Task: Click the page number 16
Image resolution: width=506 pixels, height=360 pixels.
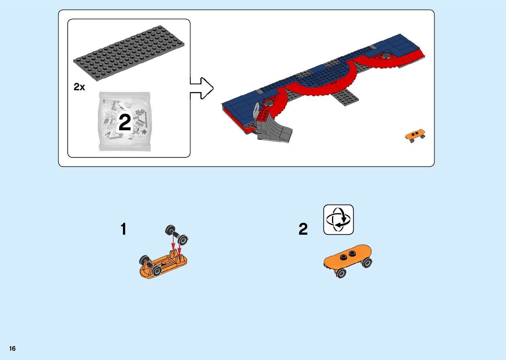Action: (13, 348)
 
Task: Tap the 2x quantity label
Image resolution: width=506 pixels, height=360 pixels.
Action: (79, 87)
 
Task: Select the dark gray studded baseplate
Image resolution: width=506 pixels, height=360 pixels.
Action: (129, 53)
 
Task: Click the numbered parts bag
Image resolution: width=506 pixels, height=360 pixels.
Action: (125, 121)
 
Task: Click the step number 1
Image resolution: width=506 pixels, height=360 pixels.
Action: (123, 229)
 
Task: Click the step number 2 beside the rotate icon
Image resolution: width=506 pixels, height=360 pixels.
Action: (303, 229)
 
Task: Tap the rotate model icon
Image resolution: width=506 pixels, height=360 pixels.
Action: (338, 220)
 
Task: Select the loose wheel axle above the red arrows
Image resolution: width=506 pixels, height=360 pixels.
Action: (176, 235)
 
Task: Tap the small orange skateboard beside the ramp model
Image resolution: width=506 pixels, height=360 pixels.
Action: (415, 135)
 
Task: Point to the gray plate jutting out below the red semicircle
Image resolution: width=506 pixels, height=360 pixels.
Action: (345, 97)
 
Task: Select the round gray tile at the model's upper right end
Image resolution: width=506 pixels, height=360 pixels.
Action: (387, 55)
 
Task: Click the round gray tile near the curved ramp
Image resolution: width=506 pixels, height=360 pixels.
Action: (269, 103)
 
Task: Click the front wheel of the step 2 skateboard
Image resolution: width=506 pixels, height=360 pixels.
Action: (341, 273)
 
